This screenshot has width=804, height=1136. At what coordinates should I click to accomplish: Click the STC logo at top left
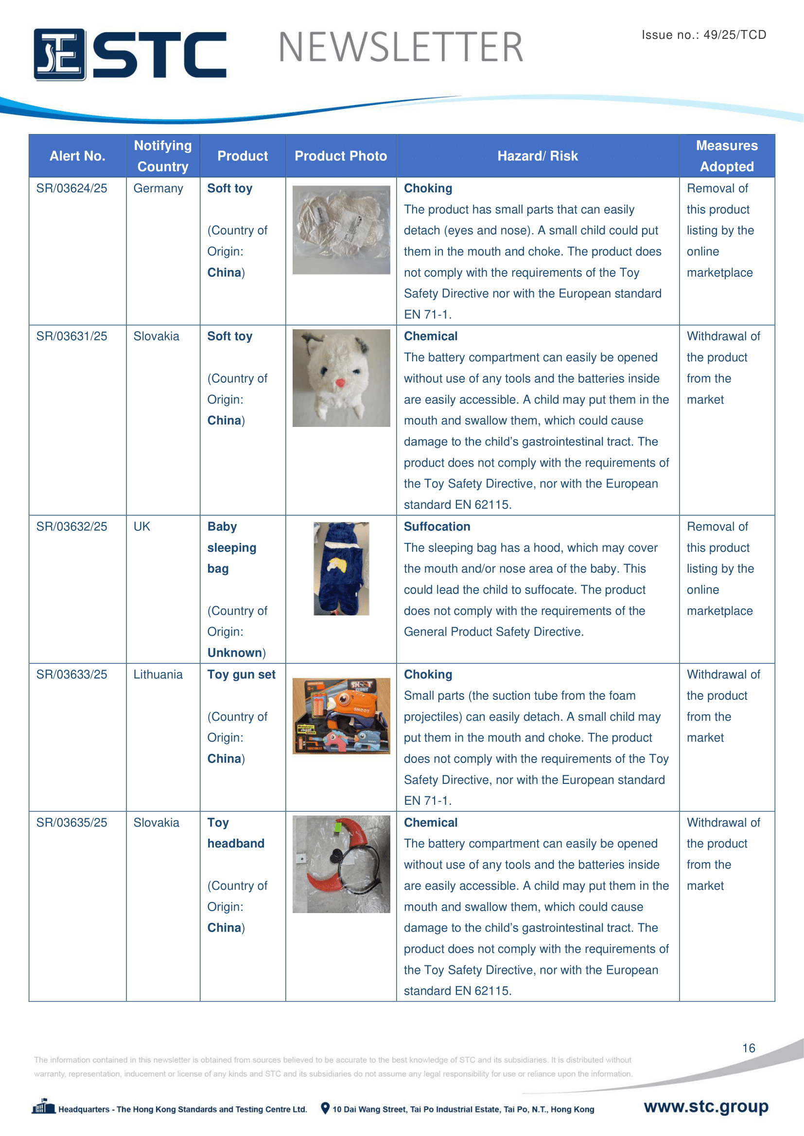point(130,54)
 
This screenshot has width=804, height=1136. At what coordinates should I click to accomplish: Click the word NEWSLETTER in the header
point(401,48)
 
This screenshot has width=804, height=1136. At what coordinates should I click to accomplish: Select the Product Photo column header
point(341,156)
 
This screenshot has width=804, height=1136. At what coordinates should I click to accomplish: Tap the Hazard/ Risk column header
point(537,156)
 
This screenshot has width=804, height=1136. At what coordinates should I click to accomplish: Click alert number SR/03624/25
point(72,188)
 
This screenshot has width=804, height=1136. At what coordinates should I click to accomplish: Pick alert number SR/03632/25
point(72,526)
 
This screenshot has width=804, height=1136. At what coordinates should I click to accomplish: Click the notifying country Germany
point(158,188)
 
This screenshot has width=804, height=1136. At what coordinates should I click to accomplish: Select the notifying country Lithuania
point(158,675)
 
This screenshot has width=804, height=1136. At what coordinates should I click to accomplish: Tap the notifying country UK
point(141,526)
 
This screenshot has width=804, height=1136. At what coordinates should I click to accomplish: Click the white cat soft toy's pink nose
point(340,382)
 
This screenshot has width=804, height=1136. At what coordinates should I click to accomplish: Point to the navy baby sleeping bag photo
point(341,569)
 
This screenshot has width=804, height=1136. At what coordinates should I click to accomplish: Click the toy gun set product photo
point(341,715)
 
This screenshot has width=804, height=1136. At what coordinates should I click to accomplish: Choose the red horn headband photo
point(341,864)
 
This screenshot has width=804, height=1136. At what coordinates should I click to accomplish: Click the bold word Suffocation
point(437,526)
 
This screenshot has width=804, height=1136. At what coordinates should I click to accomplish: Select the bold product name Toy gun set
point(241,675)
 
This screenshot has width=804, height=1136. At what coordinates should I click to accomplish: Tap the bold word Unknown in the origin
point(235,653)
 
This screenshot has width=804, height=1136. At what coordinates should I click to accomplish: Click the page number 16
point(749,1048)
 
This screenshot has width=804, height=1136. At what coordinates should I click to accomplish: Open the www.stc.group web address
point(706,1106)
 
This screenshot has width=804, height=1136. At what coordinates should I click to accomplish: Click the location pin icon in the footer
point(325,1108)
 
